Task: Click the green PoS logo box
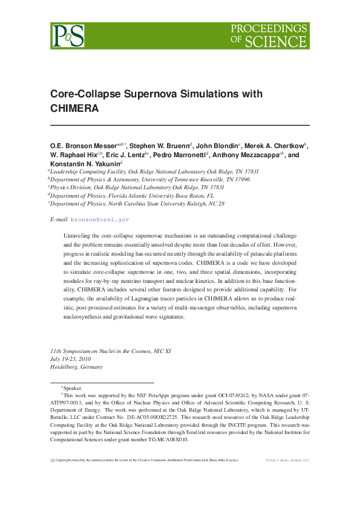click(x=68, y=36)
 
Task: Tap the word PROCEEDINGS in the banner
click(x=269, y=29)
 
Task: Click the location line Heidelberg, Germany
click(x=76, y=366)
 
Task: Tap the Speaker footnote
click(x=73, y=388)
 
